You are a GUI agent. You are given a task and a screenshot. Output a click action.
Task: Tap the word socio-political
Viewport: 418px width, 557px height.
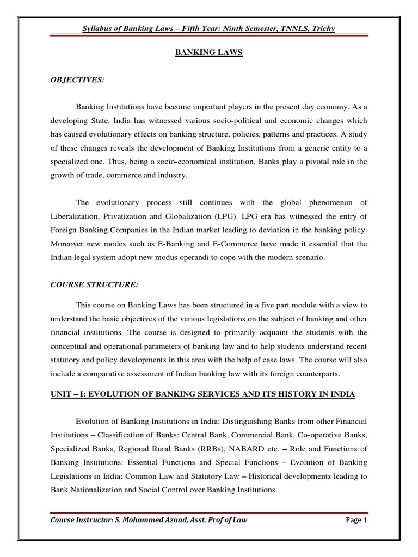tap(210, 121)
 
